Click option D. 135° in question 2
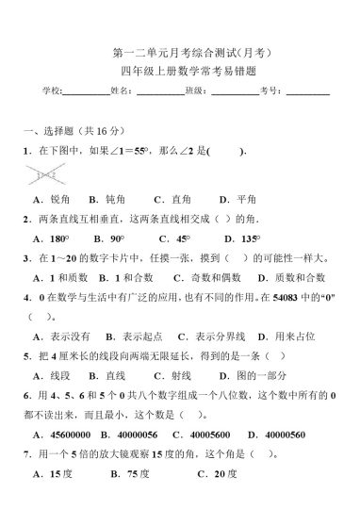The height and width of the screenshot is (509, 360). tap(239, 239)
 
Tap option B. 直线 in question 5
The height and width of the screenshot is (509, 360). tap(108, 375)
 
